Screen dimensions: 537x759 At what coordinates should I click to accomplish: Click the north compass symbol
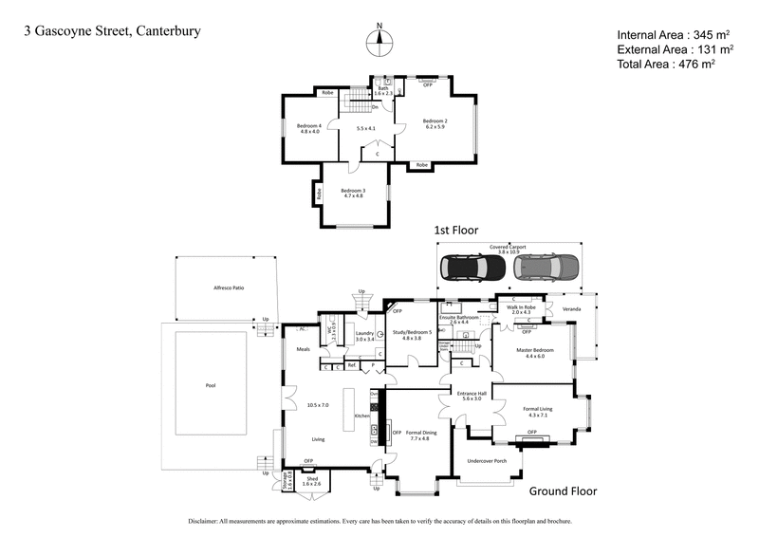(x=379, y=40)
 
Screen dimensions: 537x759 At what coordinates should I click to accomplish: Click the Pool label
(x=211, y=386)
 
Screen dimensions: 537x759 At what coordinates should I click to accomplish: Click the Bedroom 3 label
(x=354, y=191)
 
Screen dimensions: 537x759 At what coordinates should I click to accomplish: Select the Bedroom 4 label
(x=309, y=126)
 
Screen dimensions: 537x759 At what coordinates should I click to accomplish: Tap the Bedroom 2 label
(x=435, y=121)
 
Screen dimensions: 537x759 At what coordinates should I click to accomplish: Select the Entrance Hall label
(x=472, y=393)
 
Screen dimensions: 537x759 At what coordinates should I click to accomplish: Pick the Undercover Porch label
(x=488, y=462)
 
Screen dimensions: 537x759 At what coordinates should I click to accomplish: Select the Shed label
(x=311, y=479)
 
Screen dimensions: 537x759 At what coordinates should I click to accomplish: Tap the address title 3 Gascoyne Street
(x=112, y=31)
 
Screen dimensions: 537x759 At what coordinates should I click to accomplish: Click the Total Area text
(x=665, y=64)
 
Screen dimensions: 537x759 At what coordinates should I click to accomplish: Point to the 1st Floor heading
(x=455, y=230)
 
